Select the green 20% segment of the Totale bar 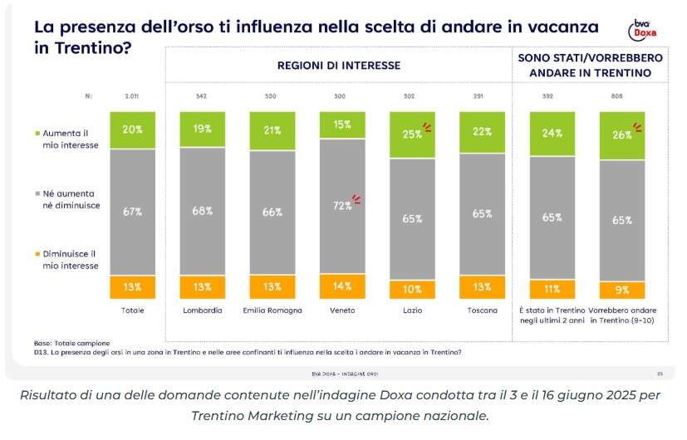pyautogui.click(x=132, y=130)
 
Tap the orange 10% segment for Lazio pyautogui.click(x=411, y=289)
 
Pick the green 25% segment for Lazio pyautogui.click(x=411, y=134)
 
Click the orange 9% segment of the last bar pyautogui.click(x=621, y=290)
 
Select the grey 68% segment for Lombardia pyautogui.click(x=202, y=212)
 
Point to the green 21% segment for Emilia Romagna pyautogui.click(x=272, y=131)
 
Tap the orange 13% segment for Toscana pyautogui.click(x=481, y=287)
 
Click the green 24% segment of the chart pyautogui.click(x=552, y=133)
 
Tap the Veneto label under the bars pyautogui.click(x=341, y=310)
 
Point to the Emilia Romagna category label pyautogui.click(x=272, y=310)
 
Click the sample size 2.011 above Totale pyautogui.click(x=132, y=96)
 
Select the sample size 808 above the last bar pyautogui.click(x=621, y=96)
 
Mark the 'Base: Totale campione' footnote pyautogui.click(x=73, y=342)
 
